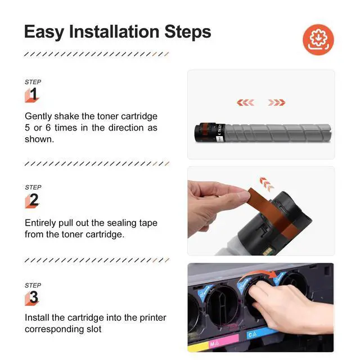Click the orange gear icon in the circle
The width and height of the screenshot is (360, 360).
coord(318,39)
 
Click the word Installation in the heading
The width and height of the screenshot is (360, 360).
coord(114,31)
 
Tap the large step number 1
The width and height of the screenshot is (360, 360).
coord(34,94)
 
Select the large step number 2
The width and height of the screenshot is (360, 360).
coord(34,200)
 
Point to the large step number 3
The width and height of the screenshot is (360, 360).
coord(34,297)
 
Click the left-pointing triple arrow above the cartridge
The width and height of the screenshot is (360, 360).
coord(245,102)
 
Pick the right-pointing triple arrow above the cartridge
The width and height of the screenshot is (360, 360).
coord(277,102)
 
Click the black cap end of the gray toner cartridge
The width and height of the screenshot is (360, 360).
coord(205,133)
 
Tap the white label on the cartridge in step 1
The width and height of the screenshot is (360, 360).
coord(220,133)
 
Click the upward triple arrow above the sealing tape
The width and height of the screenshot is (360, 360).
coord(267,184)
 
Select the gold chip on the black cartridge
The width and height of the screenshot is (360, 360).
coord(266,253)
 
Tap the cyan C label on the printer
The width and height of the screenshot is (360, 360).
coord(253,335)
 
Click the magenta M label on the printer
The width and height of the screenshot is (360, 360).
coord(214,344)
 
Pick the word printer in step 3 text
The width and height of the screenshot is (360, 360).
coord(153,318)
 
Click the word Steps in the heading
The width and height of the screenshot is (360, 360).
coord(187,32)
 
